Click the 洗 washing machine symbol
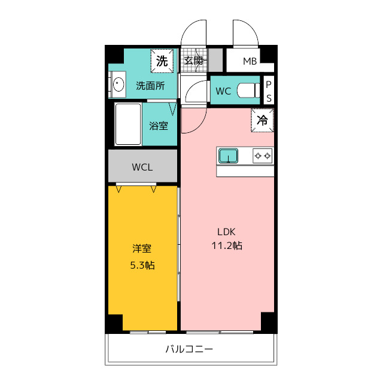point(162,61)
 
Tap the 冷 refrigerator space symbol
point(262,120)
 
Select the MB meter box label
point(250,61)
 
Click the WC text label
point(223,91)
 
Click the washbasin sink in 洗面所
point(118,84)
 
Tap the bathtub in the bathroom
point(128,124)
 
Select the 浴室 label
point(159,126)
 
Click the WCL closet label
point(142,167)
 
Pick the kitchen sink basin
point(228,156)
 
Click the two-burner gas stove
point(263,156)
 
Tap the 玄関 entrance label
point(193,60)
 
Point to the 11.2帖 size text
point(227,245)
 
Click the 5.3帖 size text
point(142,265)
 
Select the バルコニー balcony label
point(189,349)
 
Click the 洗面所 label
point(150,86)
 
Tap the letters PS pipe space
point(269,92)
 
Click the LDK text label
point(226,232)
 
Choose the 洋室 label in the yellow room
point(142,249)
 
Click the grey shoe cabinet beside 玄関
point(215,60)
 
